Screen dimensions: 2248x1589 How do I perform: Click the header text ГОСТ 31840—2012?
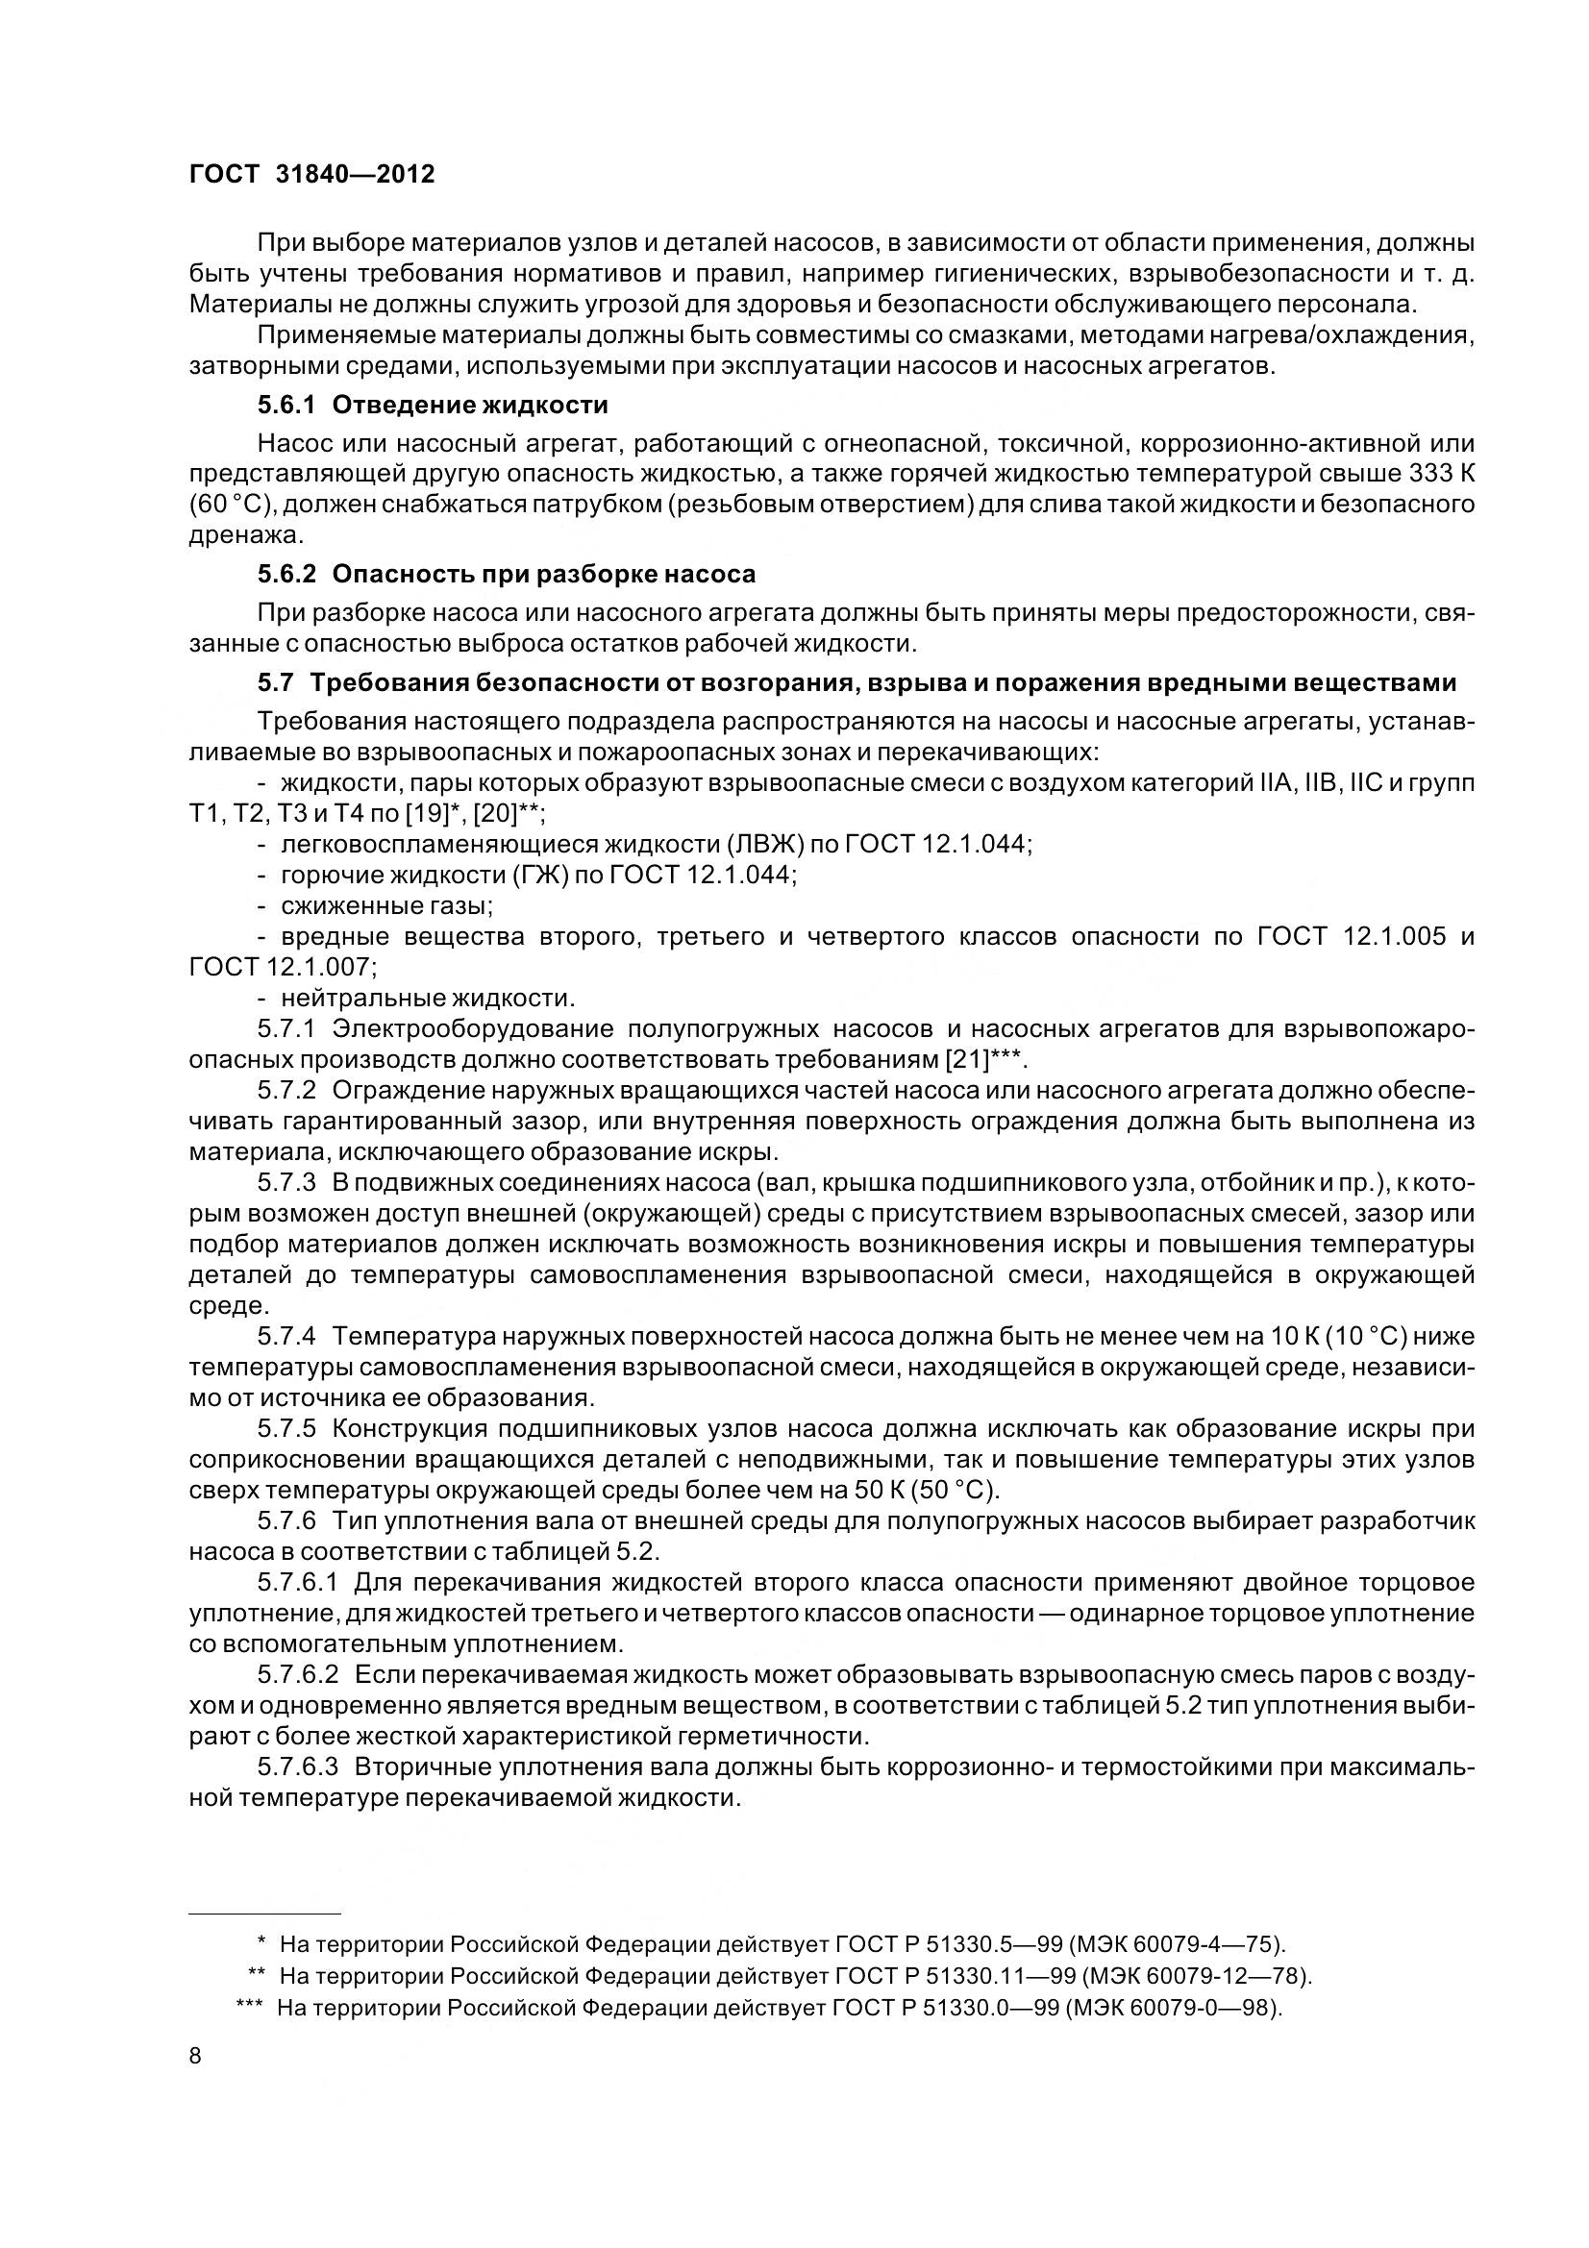tap(311, 174)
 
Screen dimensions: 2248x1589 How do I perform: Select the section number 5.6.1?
tap(286, 405)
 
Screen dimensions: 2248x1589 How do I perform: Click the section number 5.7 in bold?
tap(277, 681)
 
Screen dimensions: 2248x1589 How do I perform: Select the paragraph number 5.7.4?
tap(286, 1337)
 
